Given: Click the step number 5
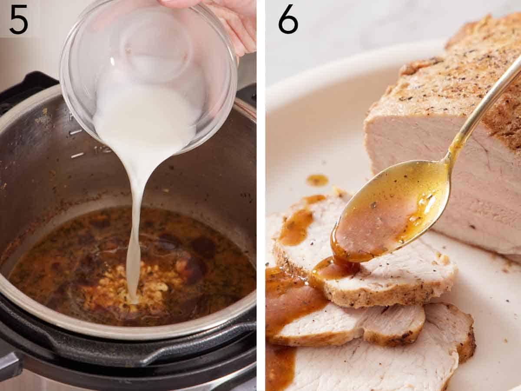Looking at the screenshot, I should click(x=19, y=20).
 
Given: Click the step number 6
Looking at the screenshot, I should click(x=288, y=20).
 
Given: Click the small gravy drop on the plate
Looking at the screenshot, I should click(x=317, y=180).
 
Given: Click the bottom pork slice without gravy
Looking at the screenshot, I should click(x=391, y=365).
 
